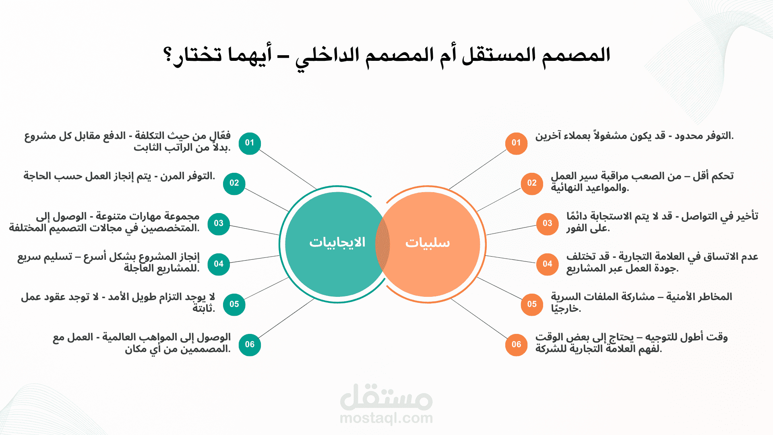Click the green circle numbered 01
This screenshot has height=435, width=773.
tap(250, 143)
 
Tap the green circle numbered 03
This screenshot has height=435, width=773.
tap(219, 224)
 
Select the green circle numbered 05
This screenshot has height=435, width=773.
tap(234, 304)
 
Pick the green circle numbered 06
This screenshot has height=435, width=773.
tap(250, 345)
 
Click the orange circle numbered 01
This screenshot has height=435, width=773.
tap(516, 143)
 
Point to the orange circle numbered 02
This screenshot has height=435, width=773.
tap(532, 184)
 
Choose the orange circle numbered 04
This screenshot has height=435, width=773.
tap(547, 264)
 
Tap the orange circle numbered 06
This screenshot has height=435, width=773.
tap(516, 345)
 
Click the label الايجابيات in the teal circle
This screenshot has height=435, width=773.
tap(337, 242)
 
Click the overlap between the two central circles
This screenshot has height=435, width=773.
tap(382, 244)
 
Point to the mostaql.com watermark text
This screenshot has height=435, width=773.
tap(386, 418)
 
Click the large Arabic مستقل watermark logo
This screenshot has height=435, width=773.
tap(386, 397)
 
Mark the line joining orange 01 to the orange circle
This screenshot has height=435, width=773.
tap(477, 169)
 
